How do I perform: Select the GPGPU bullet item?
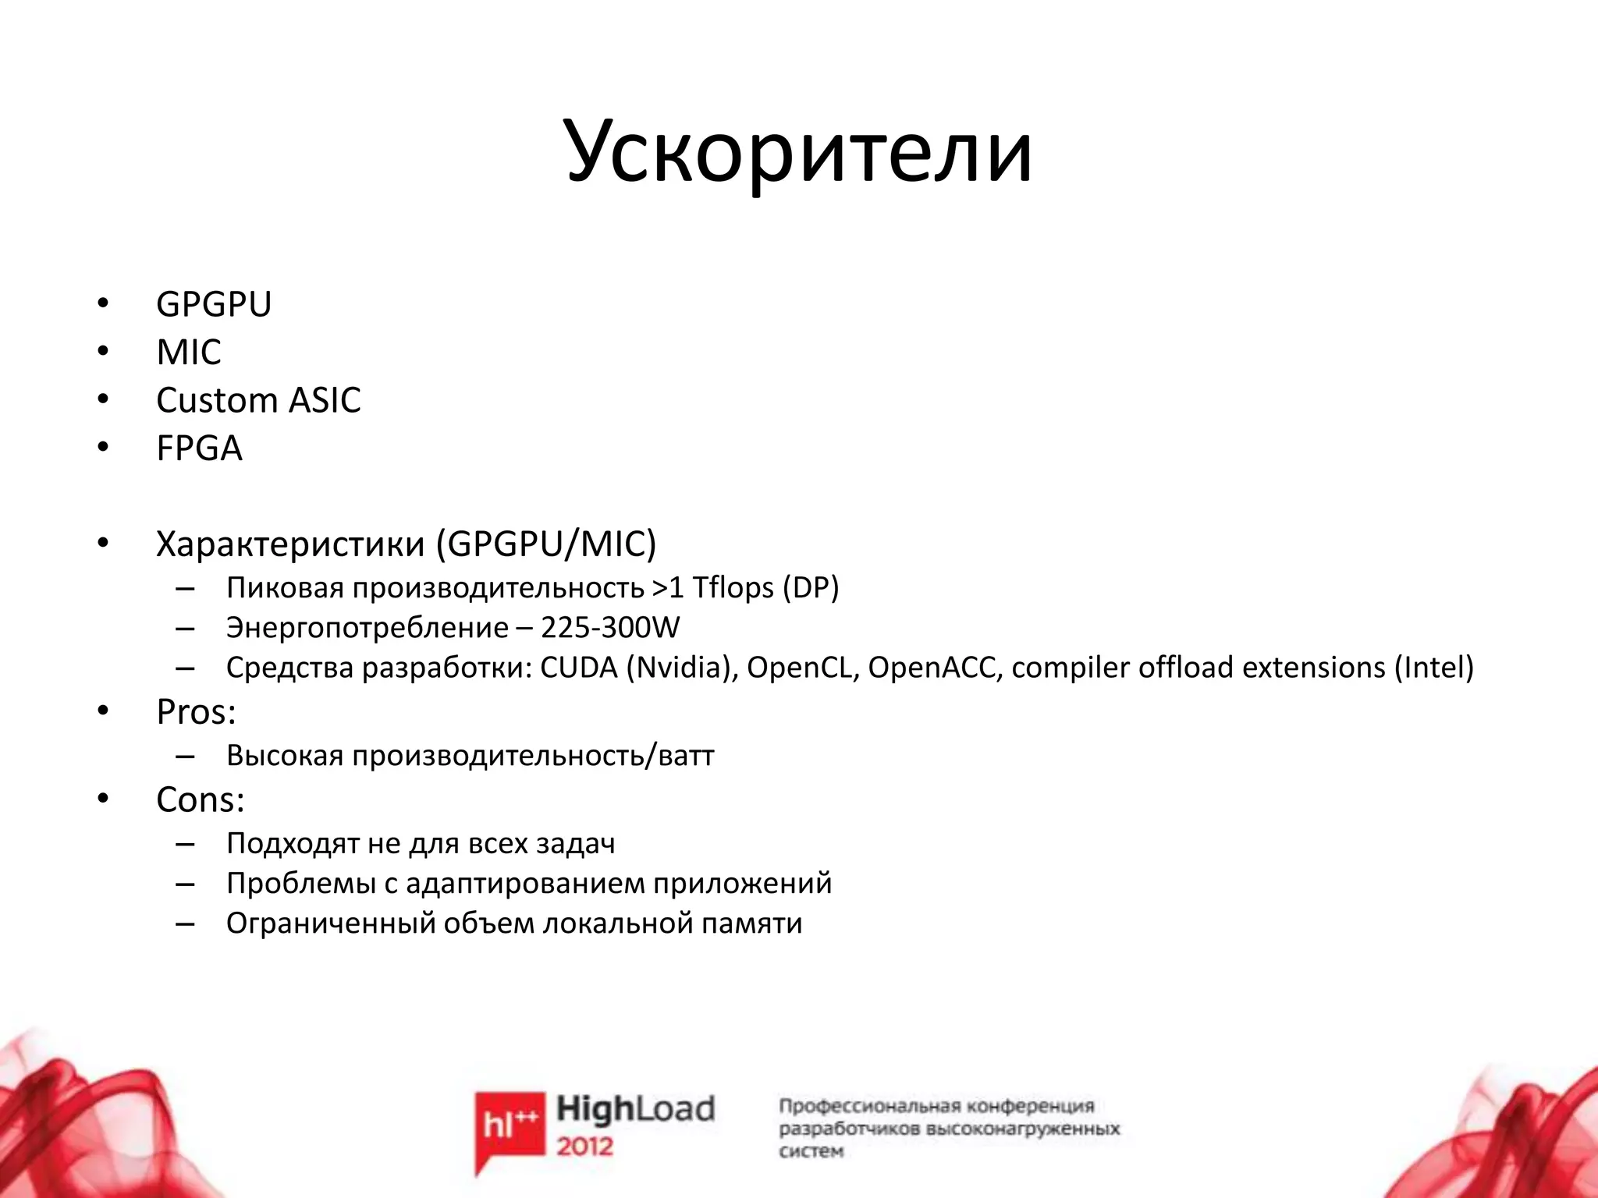click(214, 304)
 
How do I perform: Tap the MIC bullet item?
click(189, 353)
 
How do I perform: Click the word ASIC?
click(325, 401)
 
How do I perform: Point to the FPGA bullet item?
click(199, 448)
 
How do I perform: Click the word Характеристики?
click(290, 544)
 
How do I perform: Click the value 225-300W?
click(610, 628)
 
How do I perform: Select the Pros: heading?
click(196, 712)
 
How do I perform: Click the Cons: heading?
click(201, 800)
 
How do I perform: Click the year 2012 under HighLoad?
click(585, 1147)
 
